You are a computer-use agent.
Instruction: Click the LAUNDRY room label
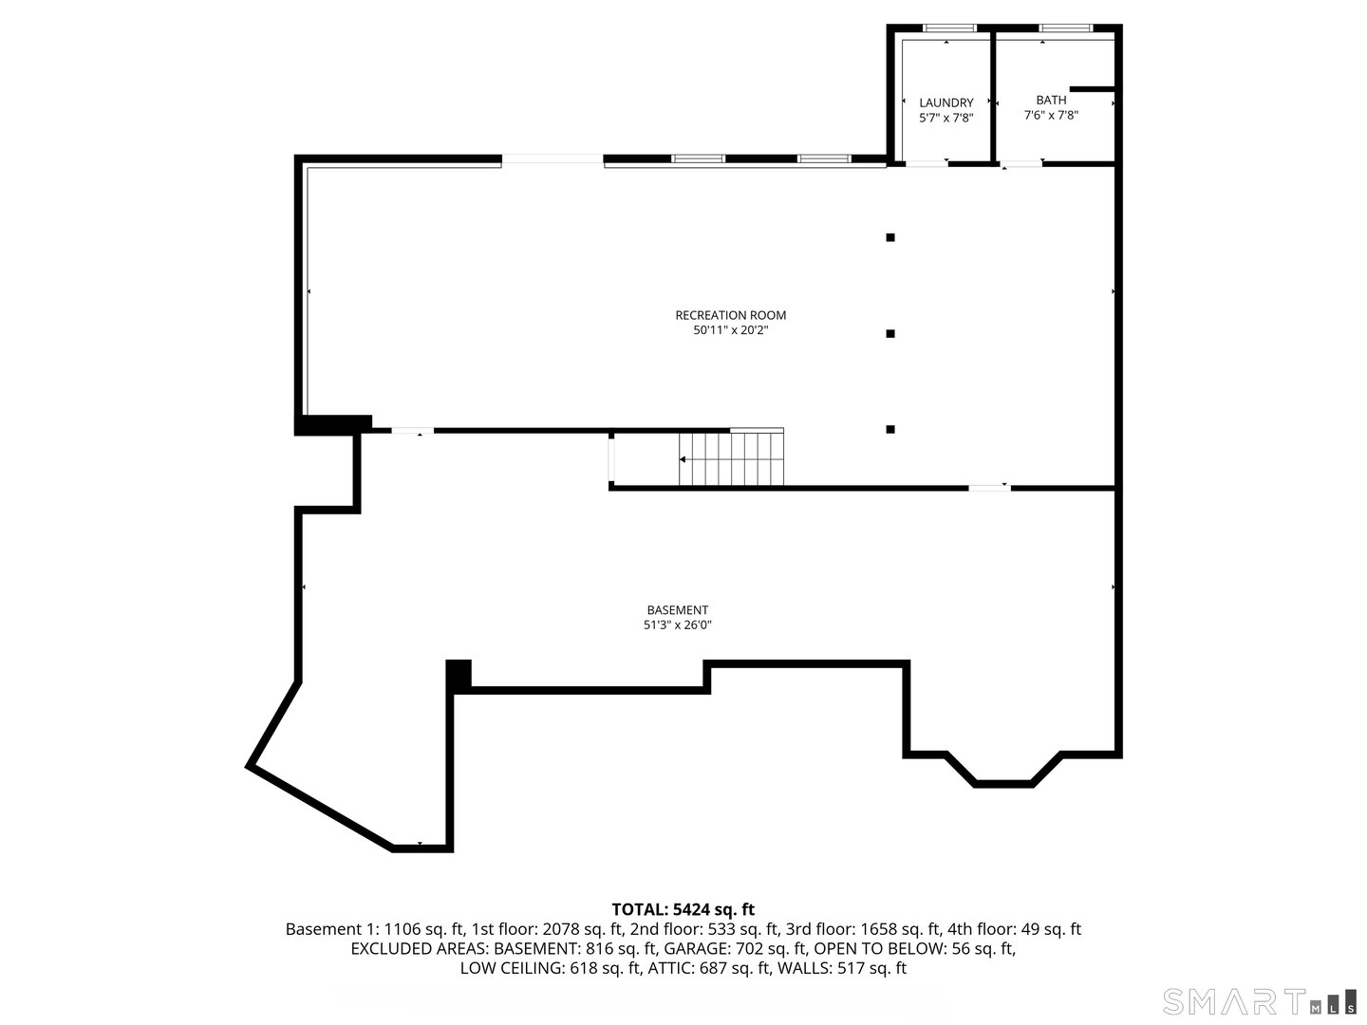click(x=946, y=102)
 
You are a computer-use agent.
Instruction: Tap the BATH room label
click(x=1051, y=100)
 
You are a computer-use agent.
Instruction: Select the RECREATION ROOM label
click(x=730, y=315)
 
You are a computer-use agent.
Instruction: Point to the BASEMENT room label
click(x=677, y=610)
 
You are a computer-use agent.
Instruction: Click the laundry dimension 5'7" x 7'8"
click(x=946, y=119)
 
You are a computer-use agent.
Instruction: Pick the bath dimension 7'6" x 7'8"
click(x=1051, y=115)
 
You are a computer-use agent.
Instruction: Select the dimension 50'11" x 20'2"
click(x=730, y=330)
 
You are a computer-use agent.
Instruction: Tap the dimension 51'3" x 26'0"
click(x=677, y=625)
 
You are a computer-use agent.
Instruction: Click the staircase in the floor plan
click(x=732, y=458)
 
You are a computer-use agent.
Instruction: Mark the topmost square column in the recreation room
click(x=890, y=237)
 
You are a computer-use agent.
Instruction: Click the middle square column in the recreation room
click(x=890, y=333)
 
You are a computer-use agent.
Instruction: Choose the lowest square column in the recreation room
click(x=890, y=429)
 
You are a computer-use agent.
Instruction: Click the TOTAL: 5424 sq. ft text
click(x=683, y=909)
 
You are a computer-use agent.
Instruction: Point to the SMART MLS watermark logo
click(x=1259, y=1001)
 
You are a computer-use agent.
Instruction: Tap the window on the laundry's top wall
click(x=949, y=28)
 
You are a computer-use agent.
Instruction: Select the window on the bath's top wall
click(x=1066, y=28)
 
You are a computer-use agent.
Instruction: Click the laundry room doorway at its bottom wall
click(x=926, y=164)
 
